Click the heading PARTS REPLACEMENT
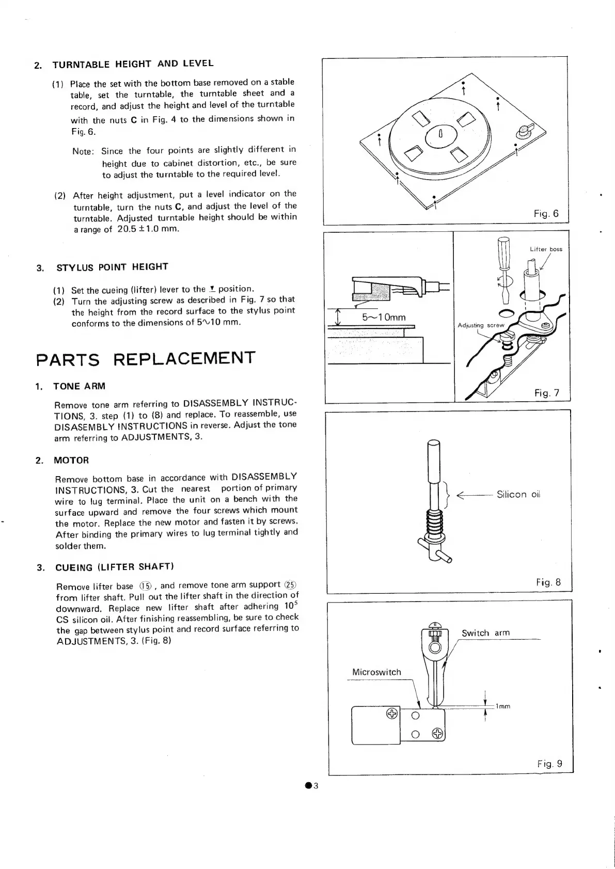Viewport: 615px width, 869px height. (x=146, y=358)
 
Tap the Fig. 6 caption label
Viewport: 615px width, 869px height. (x=546, y=213)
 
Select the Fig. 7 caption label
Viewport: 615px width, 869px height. (x=547, y=393)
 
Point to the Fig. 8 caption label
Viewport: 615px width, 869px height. (x=548, y=582)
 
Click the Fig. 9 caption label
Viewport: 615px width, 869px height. (x=549, y=764)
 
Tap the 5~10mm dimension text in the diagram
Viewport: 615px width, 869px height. (x=384, y=317)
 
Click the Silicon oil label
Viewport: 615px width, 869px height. (x=518, y=494)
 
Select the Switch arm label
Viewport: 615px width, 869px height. (x=485, y=633)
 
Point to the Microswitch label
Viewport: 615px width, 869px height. (x=376, y=672)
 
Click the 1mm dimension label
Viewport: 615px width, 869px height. (x=502, y=706)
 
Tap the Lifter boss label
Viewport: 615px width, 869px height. (x=546, y=249)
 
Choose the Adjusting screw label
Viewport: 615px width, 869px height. (x=481, y=325)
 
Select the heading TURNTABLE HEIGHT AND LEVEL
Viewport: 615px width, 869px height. (x=133, y=64)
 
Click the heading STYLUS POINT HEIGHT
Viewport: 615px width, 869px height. (x=112, y=267)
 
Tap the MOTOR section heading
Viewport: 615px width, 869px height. (x=71, y=460)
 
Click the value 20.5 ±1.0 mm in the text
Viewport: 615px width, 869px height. (x=148, y=229)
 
